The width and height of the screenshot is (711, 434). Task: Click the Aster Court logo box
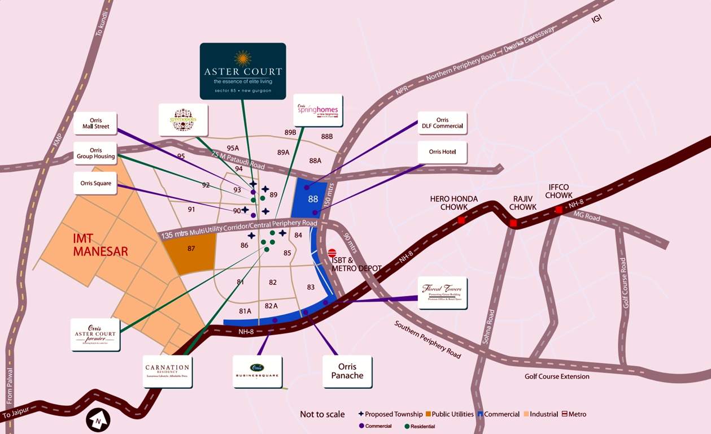243,71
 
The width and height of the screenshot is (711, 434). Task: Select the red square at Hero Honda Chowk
461,220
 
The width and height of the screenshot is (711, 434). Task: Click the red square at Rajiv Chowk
513,223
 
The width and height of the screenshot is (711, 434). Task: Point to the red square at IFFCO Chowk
559,210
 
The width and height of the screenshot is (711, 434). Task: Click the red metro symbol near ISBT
332,253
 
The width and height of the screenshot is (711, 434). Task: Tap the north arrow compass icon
98,420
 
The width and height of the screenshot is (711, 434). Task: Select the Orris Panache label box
347,371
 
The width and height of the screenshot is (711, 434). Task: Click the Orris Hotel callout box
442,152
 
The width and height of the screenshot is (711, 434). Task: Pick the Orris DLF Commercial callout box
442,123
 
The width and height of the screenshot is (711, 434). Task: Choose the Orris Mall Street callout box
95,123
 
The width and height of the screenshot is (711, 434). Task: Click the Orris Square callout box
95,183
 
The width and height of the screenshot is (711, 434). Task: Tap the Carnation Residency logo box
167,371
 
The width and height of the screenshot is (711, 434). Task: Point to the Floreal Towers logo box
442,293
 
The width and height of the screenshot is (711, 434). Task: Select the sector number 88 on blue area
313,199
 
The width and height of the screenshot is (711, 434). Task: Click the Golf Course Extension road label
557,376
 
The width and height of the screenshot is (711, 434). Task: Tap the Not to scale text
322,414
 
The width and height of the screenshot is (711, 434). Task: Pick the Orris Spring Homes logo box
319,110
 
